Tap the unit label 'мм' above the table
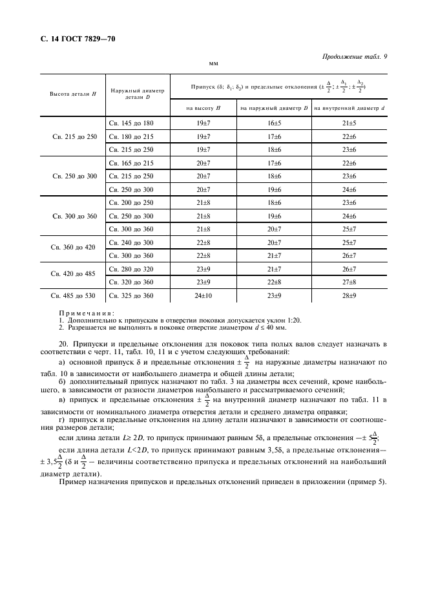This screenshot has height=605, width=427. click(x=213, y=64)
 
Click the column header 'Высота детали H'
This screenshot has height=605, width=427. click(x=73, y=94)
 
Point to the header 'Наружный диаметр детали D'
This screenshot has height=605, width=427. click(x=138, y=94)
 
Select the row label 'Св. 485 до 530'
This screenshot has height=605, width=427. click(x=73, y=295)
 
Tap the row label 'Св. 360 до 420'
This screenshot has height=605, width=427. click(x=73, y=248)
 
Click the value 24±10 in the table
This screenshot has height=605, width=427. click(x=203, y=295)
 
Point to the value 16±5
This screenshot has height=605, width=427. click(x=274, y=123)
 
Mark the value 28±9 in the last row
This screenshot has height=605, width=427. click(x=349, y=295)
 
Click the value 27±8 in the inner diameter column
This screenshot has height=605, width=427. click(x=349, y=282)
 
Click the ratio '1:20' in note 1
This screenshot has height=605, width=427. click(x=295, y=320)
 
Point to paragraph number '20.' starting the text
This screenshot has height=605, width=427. click(x=63, y=343)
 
